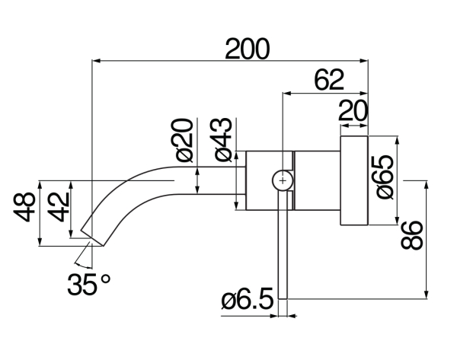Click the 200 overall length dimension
point(247,49)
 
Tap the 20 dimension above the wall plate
point(353,111)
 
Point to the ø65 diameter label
point(384,176)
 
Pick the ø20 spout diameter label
point(184,140)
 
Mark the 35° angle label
point(88,285)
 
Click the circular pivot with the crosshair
point(283,180)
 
